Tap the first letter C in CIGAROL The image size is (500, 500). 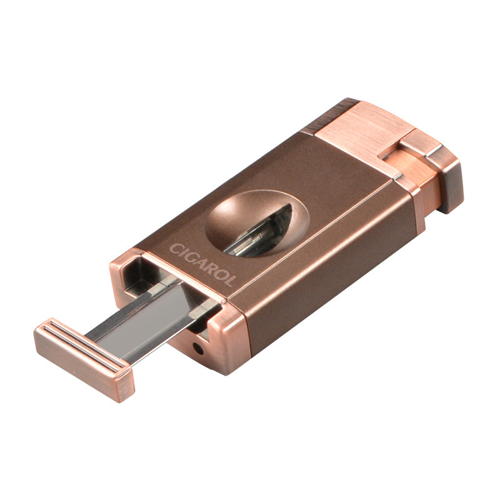pos(175,248)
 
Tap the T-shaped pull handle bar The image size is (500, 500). pos(84,359)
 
